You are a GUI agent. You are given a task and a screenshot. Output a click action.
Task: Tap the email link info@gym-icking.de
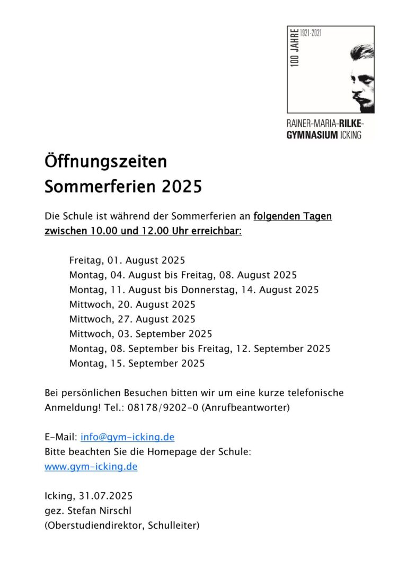click(x=127, y=437)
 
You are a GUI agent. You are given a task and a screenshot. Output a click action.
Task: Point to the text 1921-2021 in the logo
click(x=311, y=33)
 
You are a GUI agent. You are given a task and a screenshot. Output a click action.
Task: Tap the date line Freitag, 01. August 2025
click(x=127, y=260)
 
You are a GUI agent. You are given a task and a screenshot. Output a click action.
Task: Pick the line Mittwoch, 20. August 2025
click(x=132, y=304)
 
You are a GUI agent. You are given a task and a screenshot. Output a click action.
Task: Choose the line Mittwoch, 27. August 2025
click(x=132, y=319)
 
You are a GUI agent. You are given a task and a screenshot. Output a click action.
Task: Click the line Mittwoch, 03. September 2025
click(x=140, y=334)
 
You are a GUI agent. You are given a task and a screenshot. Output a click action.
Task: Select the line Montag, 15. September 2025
click(x=137, y=363)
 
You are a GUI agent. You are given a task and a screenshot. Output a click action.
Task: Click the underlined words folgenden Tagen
click(x=293, y=217)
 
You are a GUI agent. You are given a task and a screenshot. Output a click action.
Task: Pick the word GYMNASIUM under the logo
click(x=312, y=135)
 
